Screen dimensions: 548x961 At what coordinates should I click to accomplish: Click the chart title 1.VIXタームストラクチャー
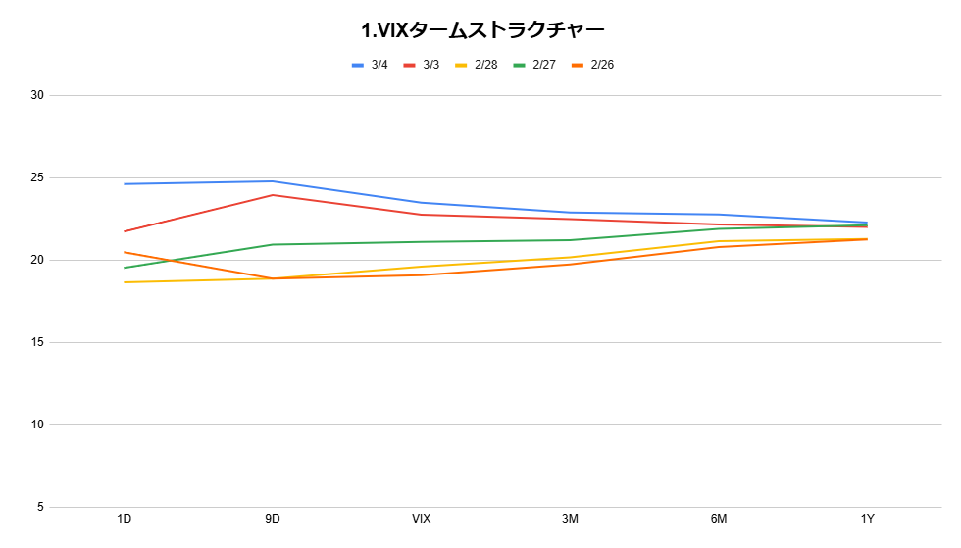480,30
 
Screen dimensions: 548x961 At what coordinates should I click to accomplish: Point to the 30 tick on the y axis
37,96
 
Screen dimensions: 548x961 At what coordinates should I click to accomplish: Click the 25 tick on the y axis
37,178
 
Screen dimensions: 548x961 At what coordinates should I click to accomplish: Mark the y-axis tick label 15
37,343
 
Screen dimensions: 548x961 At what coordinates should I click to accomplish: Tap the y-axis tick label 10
37,425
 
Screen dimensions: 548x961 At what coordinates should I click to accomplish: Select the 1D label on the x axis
125,519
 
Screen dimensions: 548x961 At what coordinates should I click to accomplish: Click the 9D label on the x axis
273,519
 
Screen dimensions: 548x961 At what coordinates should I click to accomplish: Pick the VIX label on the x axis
422,519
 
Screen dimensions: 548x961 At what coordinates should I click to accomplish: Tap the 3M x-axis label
570,519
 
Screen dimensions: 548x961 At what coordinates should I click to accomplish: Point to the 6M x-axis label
719,519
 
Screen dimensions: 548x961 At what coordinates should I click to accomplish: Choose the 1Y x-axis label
867,519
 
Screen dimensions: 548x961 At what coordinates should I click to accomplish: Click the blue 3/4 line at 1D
125,184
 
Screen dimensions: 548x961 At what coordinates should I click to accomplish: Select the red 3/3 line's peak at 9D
273,195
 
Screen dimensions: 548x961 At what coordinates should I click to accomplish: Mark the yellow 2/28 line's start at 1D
125,282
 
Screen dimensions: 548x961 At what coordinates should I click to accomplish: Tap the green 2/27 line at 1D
125,268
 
